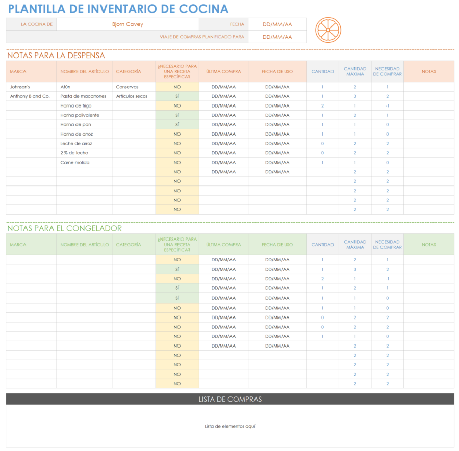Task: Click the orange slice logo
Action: tap(328, 30)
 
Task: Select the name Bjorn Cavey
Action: tap(127, 24)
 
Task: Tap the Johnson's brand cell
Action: tap(20, 87)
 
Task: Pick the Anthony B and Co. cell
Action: tap(30, 96)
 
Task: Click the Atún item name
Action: tap(65, 87)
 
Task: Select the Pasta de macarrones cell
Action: tap(83, 96)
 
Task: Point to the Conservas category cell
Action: tap(127, 87)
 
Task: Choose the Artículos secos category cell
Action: tap(132, 96)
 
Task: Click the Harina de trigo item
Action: tap(76, 105)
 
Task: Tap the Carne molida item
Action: tap(75, 162)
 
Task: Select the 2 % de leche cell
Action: tap(74, 153)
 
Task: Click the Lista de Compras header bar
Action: tap(230, 399)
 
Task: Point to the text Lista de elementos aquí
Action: tap(230, 426)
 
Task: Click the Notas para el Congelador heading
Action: tap(64, 228)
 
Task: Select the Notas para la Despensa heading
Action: tap(56, 56)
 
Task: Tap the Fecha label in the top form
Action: tap(237, 24)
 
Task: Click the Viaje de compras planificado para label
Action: tap(202, 37)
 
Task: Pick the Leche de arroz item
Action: tap(76, 143)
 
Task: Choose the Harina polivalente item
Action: tap(80, 115)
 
